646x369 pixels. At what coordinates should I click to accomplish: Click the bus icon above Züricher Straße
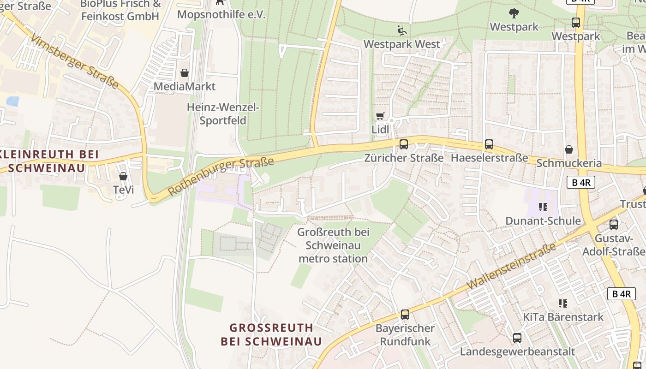(x=404, y=144)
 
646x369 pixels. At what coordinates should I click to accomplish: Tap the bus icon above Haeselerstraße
(x=489, y=144)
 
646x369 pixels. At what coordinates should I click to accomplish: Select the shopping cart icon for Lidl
(x=380, y=116)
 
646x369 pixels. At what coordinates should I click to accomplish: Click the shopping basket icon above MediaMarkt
(x=185, y=73)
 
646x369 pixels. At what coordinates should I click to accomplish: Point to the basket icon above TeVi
(x=123, y=176)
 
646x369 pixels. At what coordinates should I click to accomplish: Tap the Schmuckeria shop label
(x=569, y=163)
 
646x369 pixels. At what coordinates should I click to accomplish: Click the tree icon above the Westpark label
(x=514, y=13)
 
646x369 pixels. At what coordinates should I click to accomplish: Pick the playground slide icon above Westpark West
(x=402, y=30)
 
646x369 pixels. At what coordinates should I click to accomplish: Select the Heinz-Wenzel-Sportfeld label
(x=223, y=114)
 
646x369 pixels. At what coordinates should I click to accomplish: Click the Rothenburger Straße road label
(x=221, y=176)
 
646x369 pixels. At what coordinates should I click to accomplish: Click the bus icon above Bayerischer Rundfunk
(x=405, y=315)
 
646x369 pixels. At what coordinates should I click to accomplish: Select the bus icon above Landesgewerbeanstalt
(x=517, y=338)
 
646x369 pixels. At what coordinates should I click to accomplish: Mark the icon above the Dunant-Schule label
(x=543, y=207)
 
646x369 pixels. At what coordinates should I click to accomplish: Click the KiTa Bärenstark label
(x=563, y=317)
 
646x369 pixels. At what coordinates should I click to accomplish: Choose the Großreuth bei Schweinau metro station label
(x=333, y=245)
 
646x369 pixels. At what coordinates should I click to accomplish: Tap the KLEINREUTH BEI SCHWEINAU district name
(x=47, y=161)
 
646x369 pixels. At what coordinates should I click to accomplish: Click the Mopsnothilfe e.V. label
(x=221, y=15)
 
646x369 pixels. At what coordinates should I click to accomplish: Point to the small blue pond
(x=12, y=101)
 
